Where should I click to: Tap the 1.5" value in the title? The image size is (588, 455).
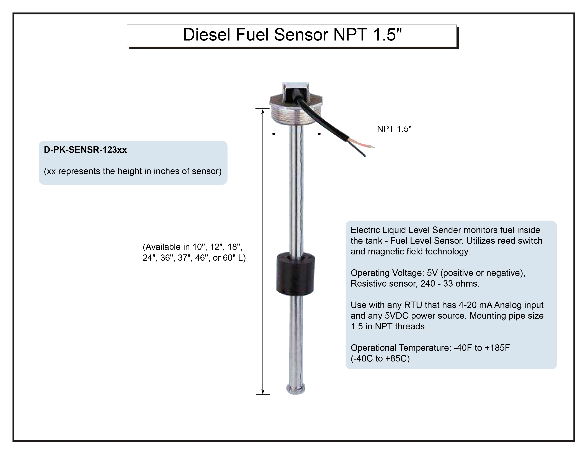point(387,35)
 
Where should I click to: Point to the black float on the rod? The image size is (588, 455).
point(295,273)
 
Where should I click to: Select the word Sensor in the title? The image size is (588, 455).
point(301,35)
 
